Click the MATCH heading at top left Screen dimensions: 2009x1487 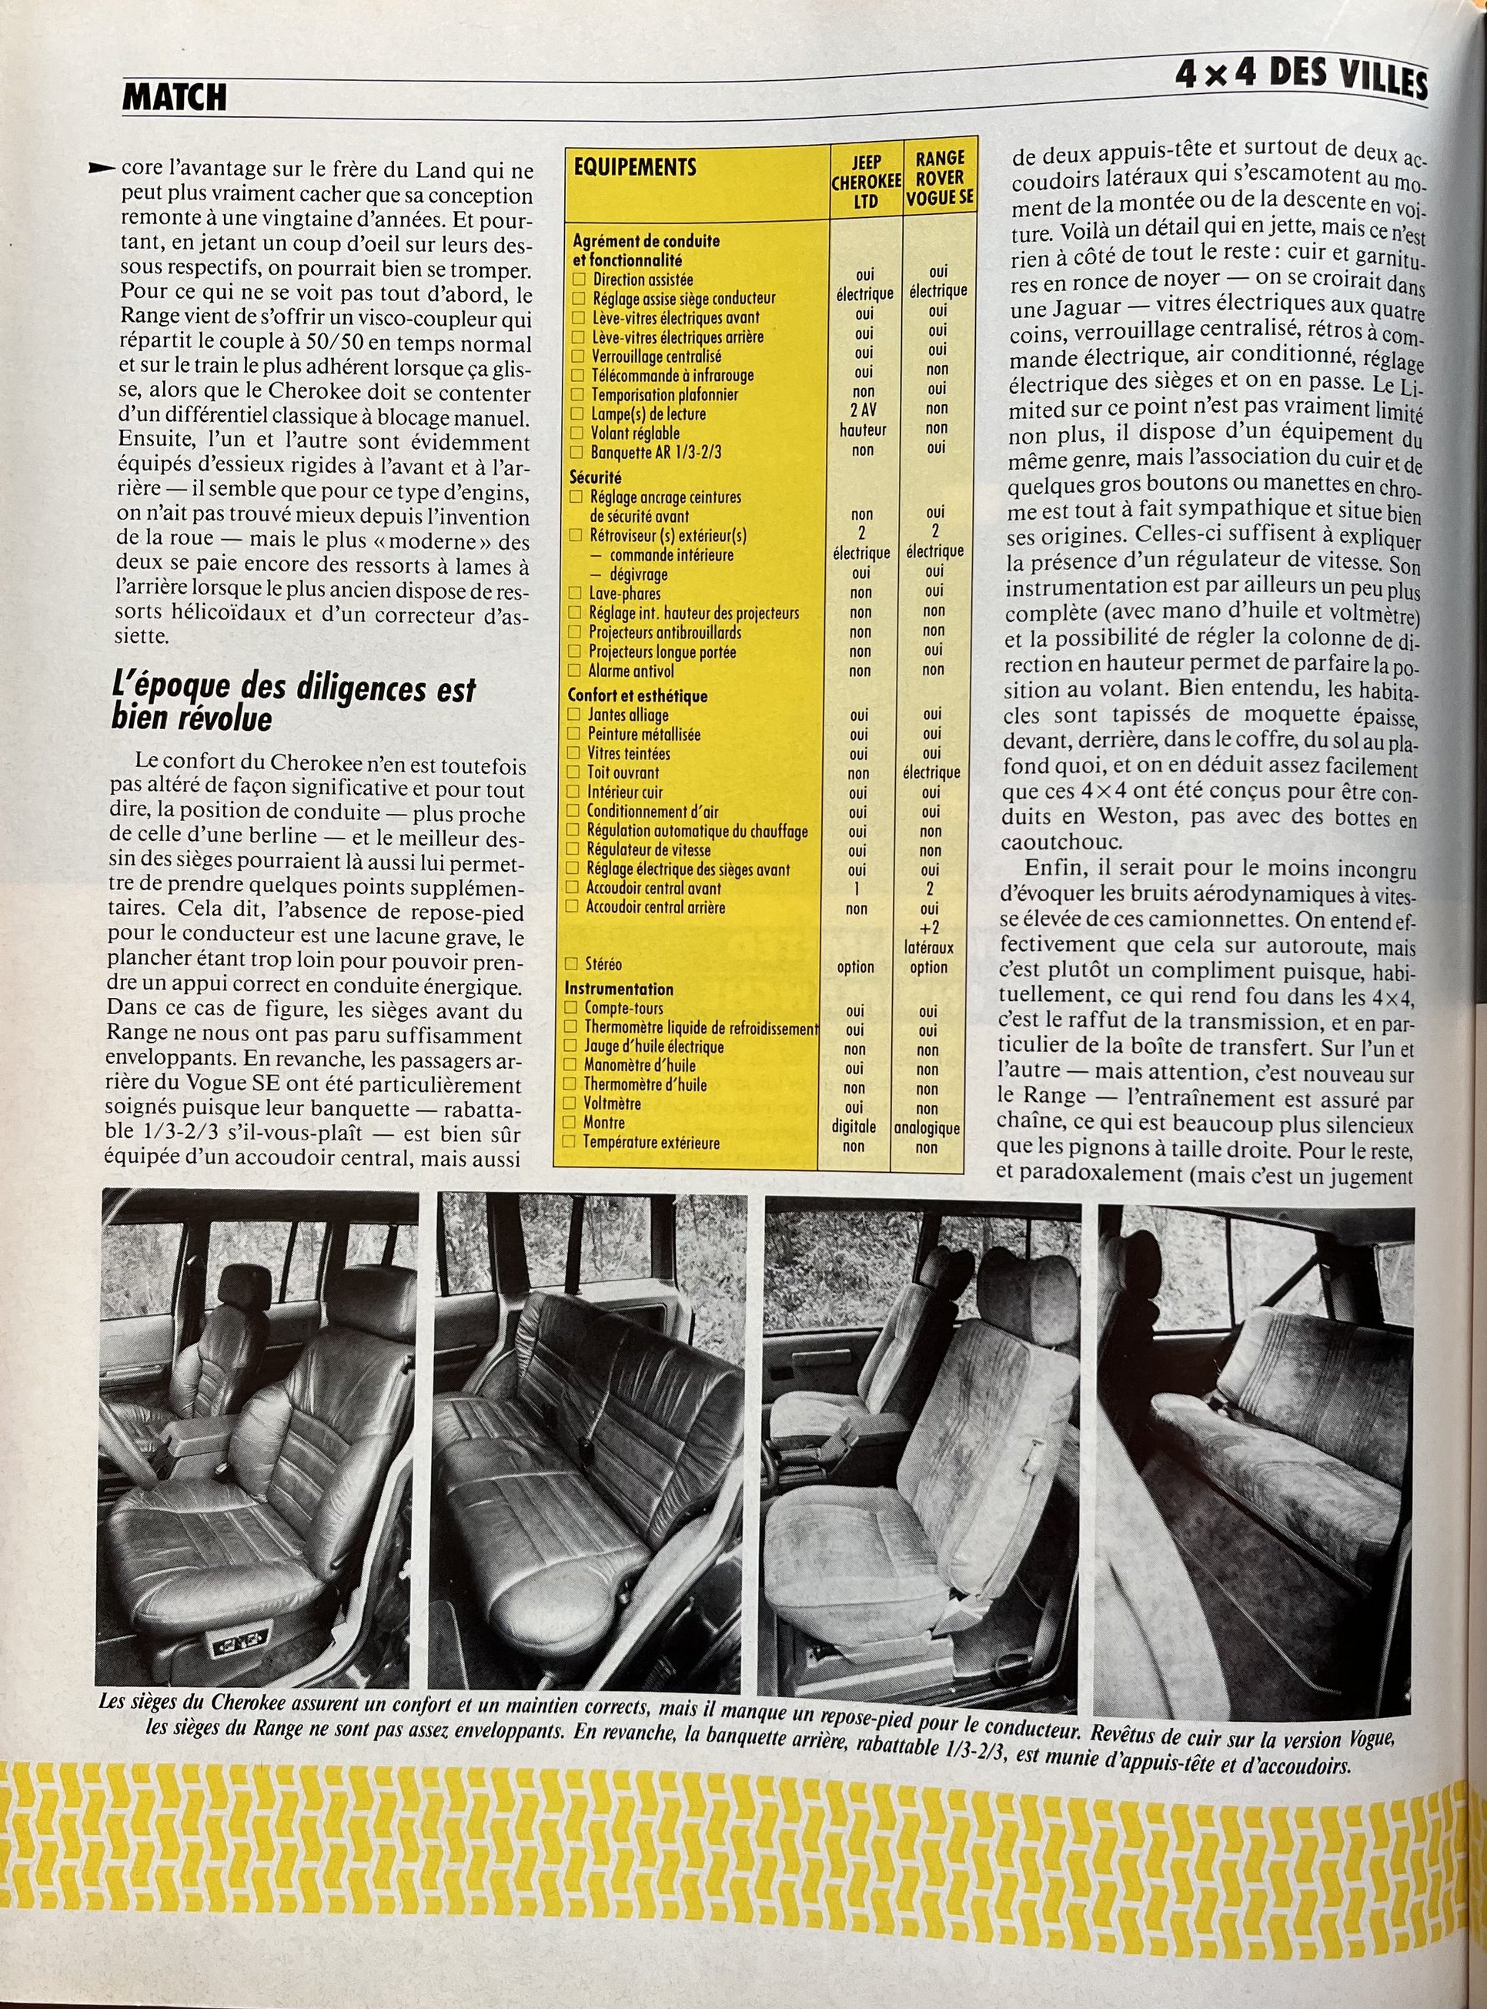pos(175,97)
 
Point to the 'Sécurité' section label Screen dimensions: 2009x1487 pos(595,477)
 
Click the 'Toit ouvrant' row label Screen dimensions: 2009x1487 pos(623,772)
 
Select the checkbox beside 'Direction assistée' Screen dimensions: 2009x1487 pos(579,280)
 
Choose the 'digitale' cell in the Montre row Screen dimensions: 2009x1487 pos(854,1127)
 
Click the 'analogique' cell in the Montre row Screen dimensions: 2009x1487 pos(927,1128)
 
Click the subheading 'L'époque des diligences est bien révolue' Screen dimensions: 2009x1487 pos(292,703)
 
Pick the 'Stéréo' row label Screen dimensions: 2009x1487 pos(603,964)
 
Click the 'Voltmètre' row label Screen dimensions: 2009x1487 pos(612,1103)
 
